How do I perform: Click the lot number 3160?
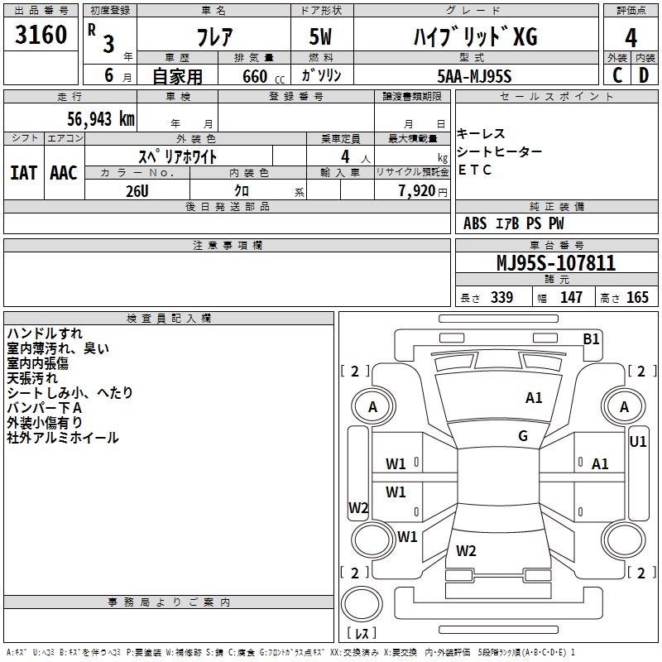(x=41, y=36)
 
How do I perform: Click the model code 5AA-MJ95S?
(x=474, y=76)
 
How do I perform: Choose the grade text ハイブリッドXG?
(x=474, y=36)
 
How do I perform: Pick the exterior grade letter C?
(x=616, y=76)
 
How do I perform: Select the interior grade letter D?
(x=644, y=76)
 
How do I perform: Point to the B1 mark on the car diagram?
(x=591, y=338)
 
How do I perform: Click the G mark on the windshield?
(x=523, y=436)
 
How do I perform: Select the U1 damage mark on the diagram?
(x=638, y=442)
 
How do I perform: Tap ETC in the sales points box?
(x=475, y=170)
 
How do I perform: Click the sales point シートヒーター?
(x=500, y=151)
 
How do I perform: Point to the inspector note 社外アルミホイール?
(x=63, y=438)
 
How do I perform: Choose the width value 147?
(x=571, y=298)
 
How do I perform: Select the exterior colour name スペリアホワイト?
(x=178, y=156)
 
